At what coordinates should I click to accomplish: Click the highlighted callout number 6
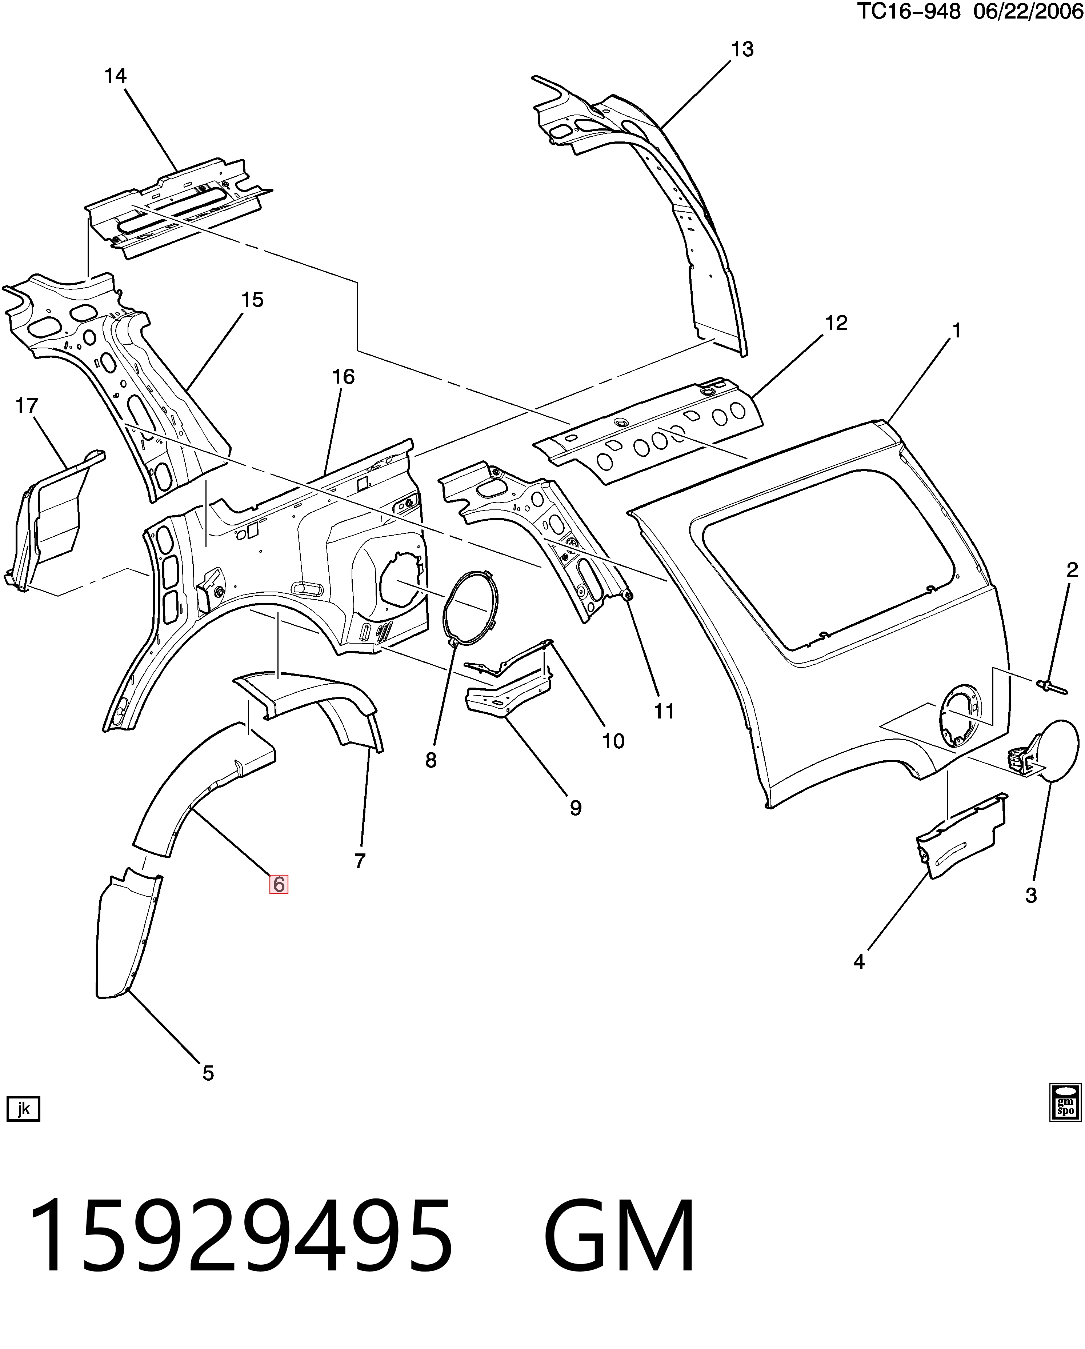(279, 884)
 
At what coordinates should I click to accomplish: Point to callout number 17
(27, 406)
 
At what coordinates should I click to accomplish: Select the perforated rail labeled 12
(648, 432)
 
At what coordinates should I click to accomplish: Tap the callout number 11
(664, 712)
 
